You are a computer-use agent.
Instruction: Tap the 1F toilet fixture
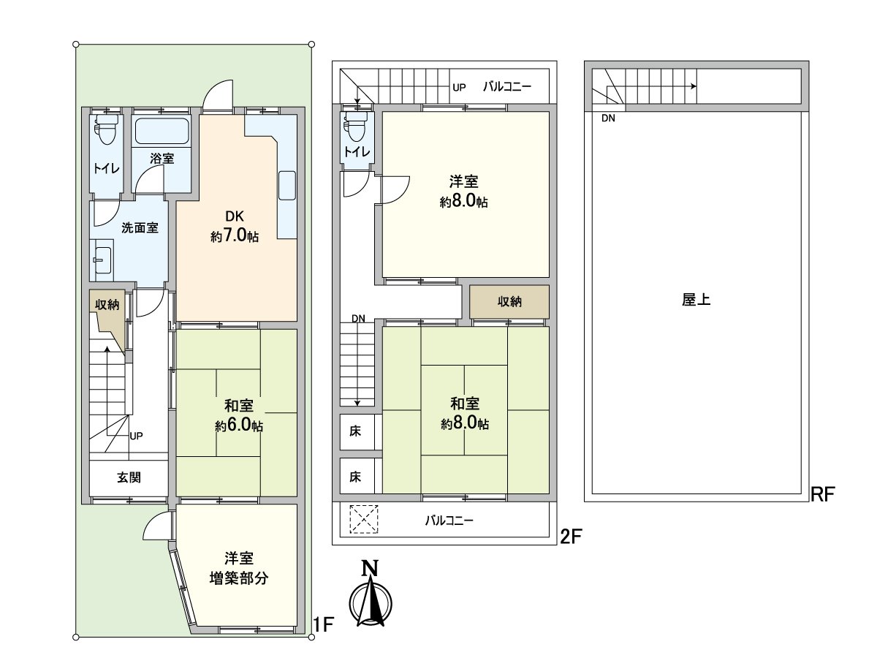[106, 129]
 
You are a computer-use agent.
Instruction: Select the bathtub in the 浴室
[162, 131]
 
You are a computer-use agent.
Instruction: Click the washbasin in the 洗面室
[102, 260]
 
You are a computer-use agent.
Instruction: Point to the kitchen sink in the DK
[287, 186]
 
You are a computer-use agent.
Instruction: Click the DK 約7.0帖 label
[235, 226]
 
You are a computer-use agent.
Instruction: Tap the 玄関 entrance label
[129, 477]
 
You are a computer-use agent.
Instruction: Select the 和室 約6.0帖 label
[238, 415]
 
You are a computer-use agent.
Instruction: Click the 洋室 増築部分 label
[238, 568]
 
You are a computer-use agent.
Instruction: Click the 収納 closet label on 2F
[509, 301]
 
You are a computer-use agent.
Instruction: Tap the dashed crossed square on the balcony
[363, 519]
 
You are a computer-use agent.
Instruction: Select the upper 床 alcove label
[354, 431]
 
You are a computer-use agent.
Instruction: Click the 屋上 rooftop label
[696, 299]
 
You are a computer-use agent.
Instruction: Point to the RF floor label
[823, 494]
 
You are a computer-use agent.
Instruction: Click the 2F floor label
[571, 537]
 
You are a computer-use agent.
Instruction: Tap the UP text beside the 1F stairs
[136, 436]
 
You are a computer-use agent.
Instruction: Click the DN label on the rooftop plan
[608, 118]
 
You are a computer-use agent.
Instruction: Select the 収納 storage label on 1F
[107, 305]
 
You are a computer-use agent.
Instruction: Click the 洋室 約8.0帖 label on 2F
[463, 192]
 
